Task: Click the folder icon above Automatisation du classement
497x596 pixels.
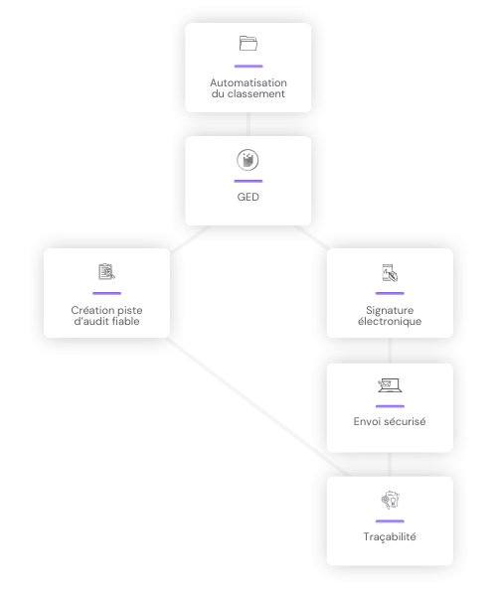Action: point(248,44)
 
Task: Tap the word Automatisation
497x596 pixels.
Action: point(248,82)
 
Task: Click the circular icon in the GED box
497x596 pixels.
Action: point(248,160)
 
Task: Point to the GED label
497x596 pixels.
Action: point(248,197)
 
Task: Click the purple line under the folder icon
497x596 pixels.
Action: point(248,67)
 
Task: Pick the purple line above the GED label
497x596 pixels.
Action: point(248,181)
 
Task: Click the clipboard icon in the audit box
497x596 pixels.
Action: point(106,271)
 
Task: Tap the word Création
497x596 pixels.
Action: point(90,310)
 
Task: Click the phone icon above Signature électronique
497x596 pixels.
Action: point(390,272)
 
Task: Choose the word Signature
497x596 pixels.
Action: point(390,310)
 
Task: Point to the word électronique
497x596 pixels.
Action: point(390,321)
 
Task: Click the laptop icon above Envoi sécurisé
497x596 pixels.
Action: point(390,385)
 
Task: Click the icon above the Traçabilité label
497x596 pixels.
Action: point(391,501)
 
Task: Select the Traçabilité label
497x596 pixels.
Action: point(390,536)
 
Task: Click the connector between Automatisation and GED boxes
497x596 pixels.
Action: point(248,124)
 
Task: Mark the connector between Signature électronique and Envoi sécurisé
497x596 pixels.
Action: point(390,351)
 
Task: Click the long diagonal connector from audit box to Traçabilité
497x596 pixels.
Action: point(257,406)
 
